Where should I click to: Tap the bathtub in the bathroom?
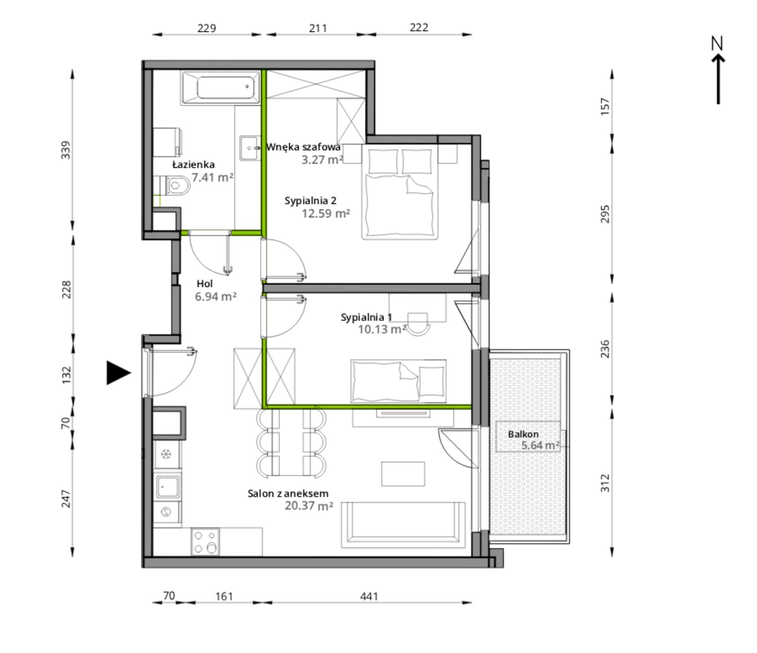coord(221,88)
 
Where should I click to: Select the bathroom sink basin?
coord(250,148)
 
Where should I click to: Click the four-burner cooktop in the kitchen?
coord(205,541)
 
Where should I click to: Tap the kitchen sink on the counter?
coord(167,486)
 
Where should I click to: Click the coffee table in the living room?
coord(403,474)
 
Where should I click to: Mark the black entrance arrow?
coord(118,373)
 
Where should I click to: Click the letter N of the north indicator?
coord(717,43)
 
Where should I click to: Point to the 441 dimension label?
coord(369,596)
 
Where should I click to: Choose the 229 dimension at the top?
coord(207,28)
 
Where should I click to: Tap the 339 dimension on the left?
coord(66,150)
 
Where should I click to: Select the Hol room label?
coord(205,284)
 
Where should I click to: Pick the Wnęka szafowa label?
coord(304,147)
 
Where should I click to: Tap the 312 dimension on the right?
coord(605,483)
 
